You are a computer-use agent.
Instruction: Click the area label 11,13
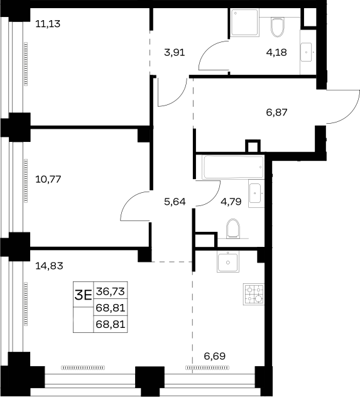click(x=48, y=24)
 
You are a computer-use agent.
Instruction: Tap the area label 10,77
click(x=48, y=180)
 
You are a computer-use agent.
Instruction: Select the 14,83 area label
click(x=49, y=266)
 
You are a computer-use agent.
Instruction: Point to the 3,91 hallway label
click(x=175, y=53)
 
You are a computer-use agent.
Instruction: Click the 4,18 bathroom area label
click(x=276, y=53)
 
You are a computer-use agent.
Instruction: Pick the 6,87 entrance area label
click(x=276, y=112)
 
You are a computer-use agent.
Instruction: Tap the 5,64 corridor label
click(x=175, y=202)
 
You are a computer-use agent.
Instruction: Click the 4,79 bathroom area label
click(x=231, y=202)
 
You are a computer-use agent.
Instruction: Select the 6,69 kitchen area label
click(x=215, y=356)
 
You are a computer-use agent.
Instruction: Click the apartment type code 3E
click(x=83, y=295)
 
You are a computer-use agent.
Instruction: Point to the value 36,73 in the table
click(x=111, y=291)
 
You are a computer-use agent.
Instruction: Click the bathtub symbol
click(x=233, y=167)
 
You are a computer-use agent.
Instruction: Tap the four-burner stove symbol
click(x=254, y=294)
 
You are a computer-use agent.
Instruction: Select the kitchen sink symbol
click(x=228, y=262)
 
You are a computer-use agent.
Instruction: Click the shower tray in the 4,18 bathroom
click(x=245, y=23)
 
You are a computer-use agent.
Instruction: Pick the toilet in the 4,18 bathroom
click(x=278, y=27)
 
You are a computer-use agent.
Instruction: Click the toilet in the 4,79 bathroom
click(x=233, y=229)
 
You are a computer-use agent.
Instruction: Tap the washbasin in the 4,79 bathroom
click(x=256, y=193)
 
